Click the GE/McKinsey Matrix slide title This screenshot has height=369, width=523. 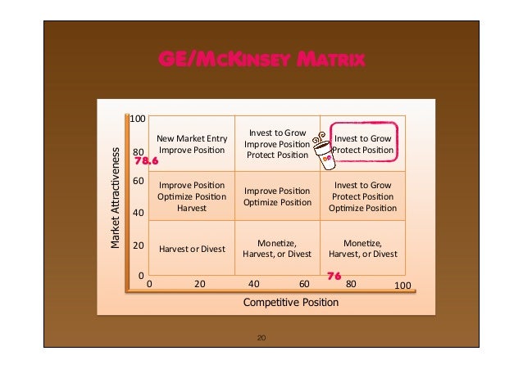(x=261, y=60)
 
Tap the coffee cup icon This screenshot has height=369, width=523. (x=325, y=152)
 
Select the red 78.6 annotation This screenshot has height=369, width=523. (x=145, y=162)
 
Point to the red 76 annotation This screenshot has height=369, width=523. (x=334, y=277)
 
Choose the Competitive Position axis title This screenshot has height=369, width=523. (x=290, y=303)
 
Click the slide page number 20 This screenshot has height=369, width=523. (x=261, y=336)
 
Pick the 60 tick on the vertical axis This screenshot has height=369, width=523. (x=139, y=180)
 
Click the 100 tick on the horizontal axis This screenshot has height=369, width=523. (x=402, y=286)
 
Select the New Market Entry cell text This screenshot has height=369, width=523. (x=192, y=144)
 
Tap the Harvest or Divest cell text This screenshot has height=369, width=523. (x=192, y=249)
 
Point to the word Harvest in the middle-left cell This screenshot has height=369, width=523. (x=192, y=209)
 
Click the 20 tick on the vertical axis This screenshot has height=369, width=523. (x=139, y=245)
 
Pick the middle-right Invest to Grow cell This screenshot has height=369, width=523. (x=363, y=196)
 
